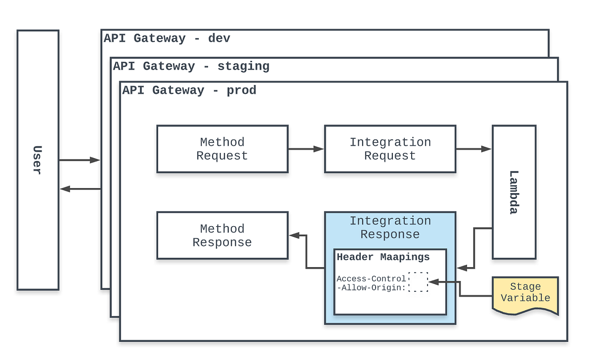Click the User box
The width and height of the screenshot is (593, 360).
click(38, 160)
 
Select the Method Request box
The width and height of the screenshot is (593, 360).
click(222, 149)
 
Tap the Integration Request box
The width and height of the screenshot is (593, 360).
click(390, 149)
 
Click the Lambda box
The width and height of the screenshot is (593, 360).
click(514, 192)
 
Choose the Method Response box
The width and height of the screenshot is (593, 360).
click(222, 236)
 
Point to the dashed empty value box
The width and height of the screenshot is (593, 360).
click(418, 282)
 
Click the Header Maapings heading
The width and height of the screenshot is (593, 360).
click(383, 257)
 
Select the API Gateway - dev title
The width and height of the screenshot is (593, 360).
click(167, 39)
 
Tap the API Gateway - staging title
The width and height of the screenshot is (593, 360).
click(191, 66)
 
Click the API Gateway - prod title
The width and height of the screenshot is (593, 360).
click(189, 90)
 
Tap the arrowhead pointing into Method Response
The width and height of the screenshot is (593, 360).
click(293, 236)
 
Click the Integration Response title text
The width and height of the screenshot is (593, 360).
click(390, 228)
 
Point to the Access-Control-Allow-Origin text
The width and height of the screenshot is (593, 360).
click(372, 283)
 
